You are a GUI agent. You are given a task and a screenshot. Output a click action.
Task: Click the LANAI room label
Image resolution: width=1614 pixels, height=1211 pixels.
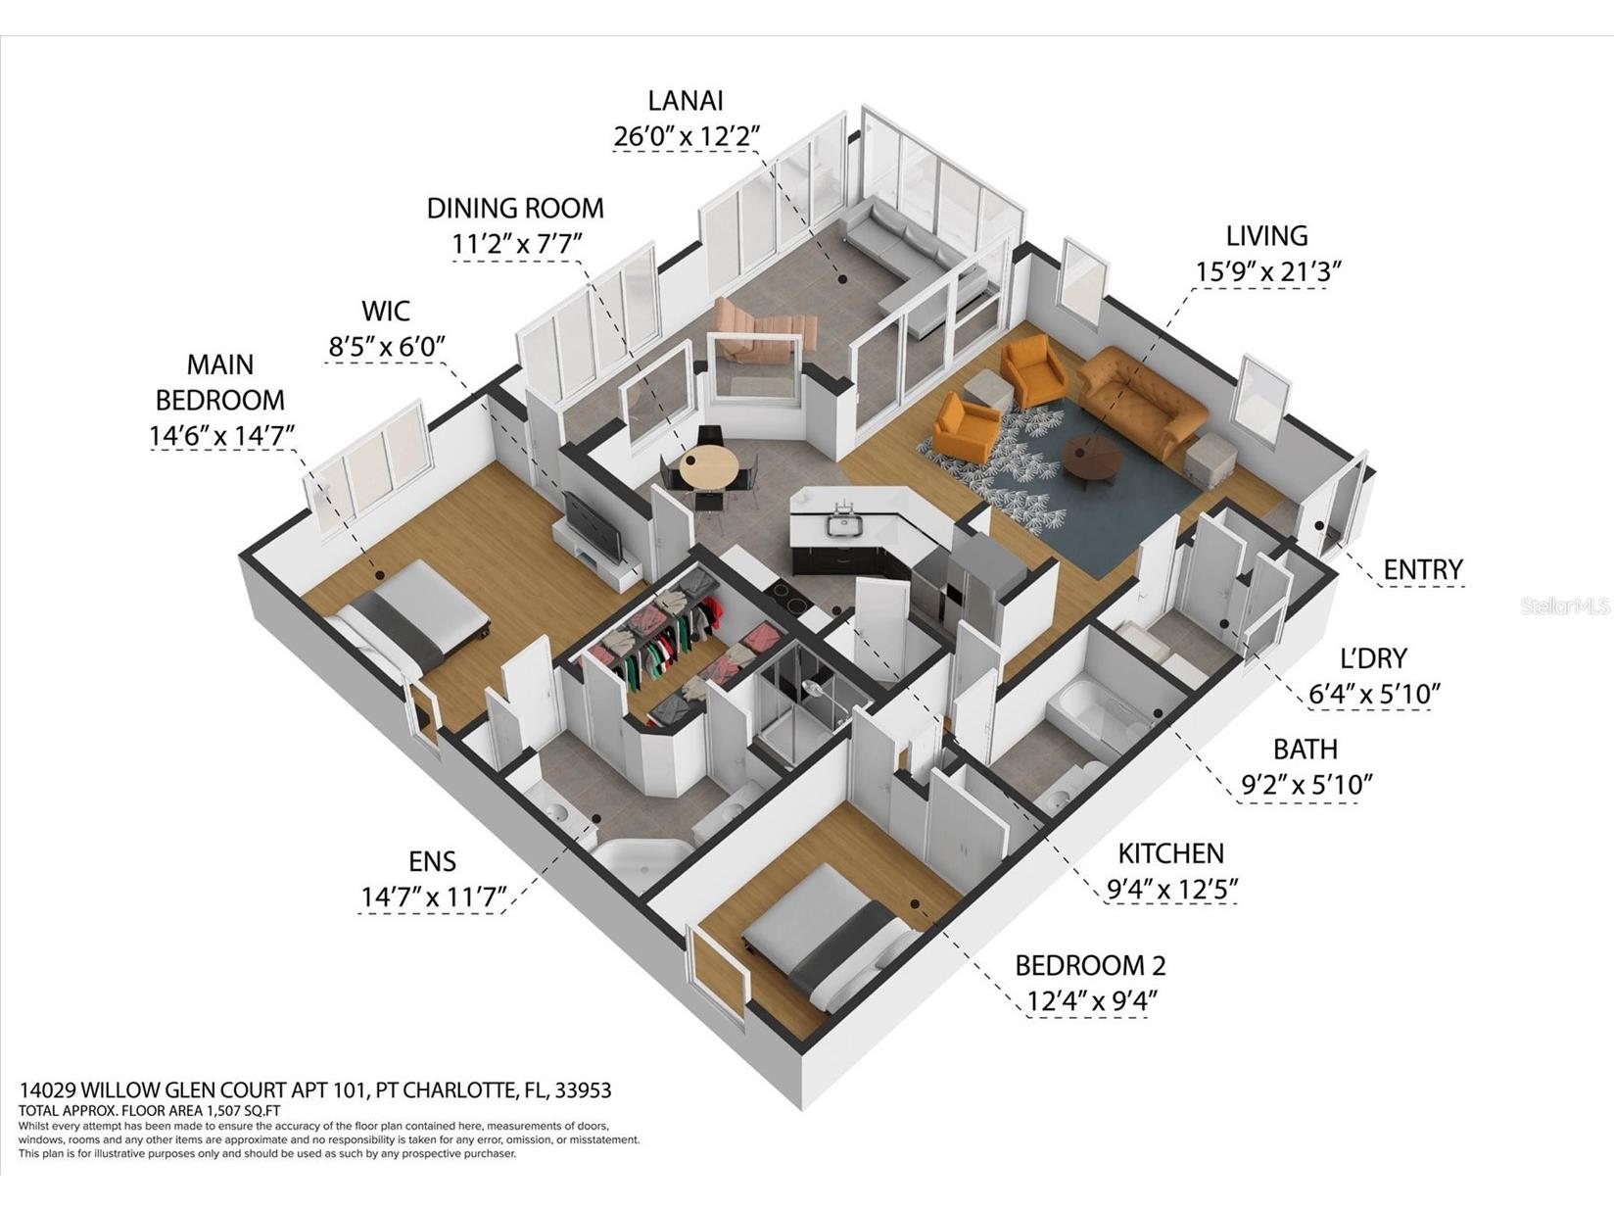click(686, 101)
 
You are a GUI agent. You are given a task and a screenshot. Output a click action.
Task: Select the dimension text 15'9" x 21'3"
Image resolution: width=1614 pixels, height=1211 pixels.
click(1267, 272)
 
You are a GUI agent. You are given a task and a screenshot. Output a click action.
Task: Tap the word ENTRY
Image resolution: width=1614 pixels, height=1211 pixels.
click(1422, 569)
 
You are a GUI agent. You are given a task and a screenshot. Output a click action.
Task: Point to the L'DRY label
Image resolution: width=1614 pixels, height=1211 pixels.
click(1373, 658)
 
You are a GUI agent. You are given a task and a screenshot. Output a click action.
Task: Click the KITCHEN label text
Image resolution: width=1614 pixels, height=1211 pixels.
click(1170, 853)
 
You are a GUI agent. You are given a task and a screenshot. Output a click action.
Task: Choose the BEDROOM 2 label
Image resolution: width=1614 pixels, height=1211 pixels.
click(1089, 966)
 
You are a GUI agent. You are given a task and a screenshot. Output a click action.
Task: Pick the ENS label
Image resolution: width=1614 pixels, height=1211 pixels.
click(432, 861)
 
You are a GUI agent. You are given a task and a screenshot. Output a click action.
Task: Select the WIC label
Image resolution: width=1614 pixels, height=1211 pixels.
click(386, 312)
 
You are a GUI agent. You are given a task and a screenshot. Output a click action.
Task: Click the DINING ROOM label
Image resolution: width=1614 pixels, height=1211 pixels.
click(515, 209)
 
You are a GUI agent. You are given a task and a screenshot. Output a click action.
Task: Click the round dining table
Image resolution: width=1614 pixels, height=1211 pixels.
click(709, 467)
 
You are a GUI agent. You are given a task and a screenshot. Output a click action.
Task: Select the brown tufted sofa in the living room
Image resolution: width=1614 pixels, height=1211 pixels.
click(1142, 399)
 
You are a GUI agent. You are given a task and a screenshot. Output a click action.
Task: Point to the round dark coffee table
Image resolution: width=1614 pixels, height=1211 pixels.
click(1091, 458)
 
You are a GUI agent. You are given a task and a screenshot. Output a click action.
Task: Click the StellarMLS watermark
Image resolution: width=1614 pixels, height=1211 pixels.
click(1565, 607)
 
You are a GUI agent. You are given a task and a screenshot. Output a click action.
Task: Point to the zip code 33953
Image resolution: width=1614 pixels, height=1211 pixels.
click(583, 1090)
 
